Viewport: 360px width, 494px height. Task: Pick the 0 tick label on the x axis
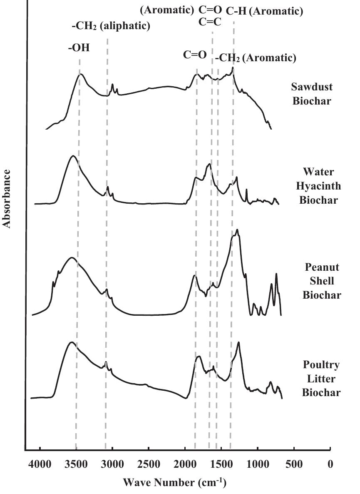pos(330,464)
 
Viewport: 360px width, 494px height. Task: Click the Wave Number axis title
pos(175,483)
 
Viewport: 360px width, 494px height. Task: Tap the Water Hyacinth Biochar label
pos(318,186)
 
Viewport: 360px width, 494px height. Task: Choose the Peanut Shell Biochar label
pos(322,281)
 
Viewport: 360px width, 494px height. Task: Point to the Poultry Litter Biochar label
pos(321,379)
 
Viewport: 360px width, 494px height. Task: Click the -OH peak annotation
pos(79,47)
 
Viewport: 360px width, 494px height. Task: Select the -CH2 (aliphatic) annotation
pos(111,26)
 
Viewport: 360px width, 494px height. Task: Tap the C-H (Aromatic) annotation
pos(264,12)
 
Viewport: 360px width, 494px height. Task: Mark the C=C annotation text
pos(210,22)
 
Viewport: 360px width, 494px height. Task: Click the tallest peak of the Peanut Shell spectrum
pos(237,230)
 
